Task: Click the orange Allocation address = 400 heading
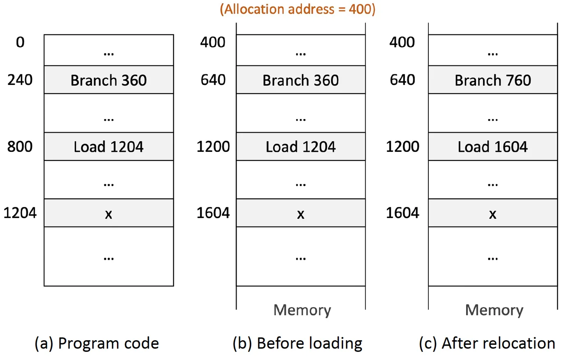pyautogui.click(x=297, y=9)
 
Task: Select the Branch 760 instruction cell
pyautogui.click(x=492, y=80)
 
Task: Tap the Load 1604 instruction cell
pyautogui.click(x=492, y=147)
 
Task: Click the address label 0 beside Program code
pyautogui.click(x=20, y=42)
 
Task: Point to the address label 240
pyautogui.click(x=20, y=80)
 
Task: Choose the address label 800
pyautogui.click(x=20, y=147)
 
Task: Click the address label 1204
pyautogui.click(x=20, y=213)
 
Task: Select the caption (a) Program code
pyautogui.click(x=97, y=343)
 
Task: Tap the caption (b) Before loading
pyautogui.click(x=297, y=343)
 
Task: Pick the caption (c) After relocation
pyautogui.click(x=487, y=343)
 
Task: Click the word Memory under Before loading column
pyautogui.click(x=302, y=310)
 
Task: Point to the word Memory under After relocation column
pyautogui.click(x=494, y=310)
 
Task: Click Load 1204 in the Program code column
pyautogui.click(x=108, y=147)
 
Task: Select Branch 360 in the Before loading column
pyautogui.click(x=301, y=80)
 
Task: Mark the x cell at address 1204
pyautogui.click(x=108, y=213)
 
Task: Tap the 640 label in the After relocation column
pyautogui.click(x=402, y=80)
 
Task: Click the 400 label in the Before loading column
pyautogui.click(x=213, y=42)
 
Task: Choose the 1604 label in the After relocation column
pyautogui.click(x=402, y=213)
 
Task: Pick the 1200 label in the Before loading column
pyautogui.click(x=213, y=147)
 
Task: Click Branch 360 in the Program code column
pyautogui.click(x=108, y=80)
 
